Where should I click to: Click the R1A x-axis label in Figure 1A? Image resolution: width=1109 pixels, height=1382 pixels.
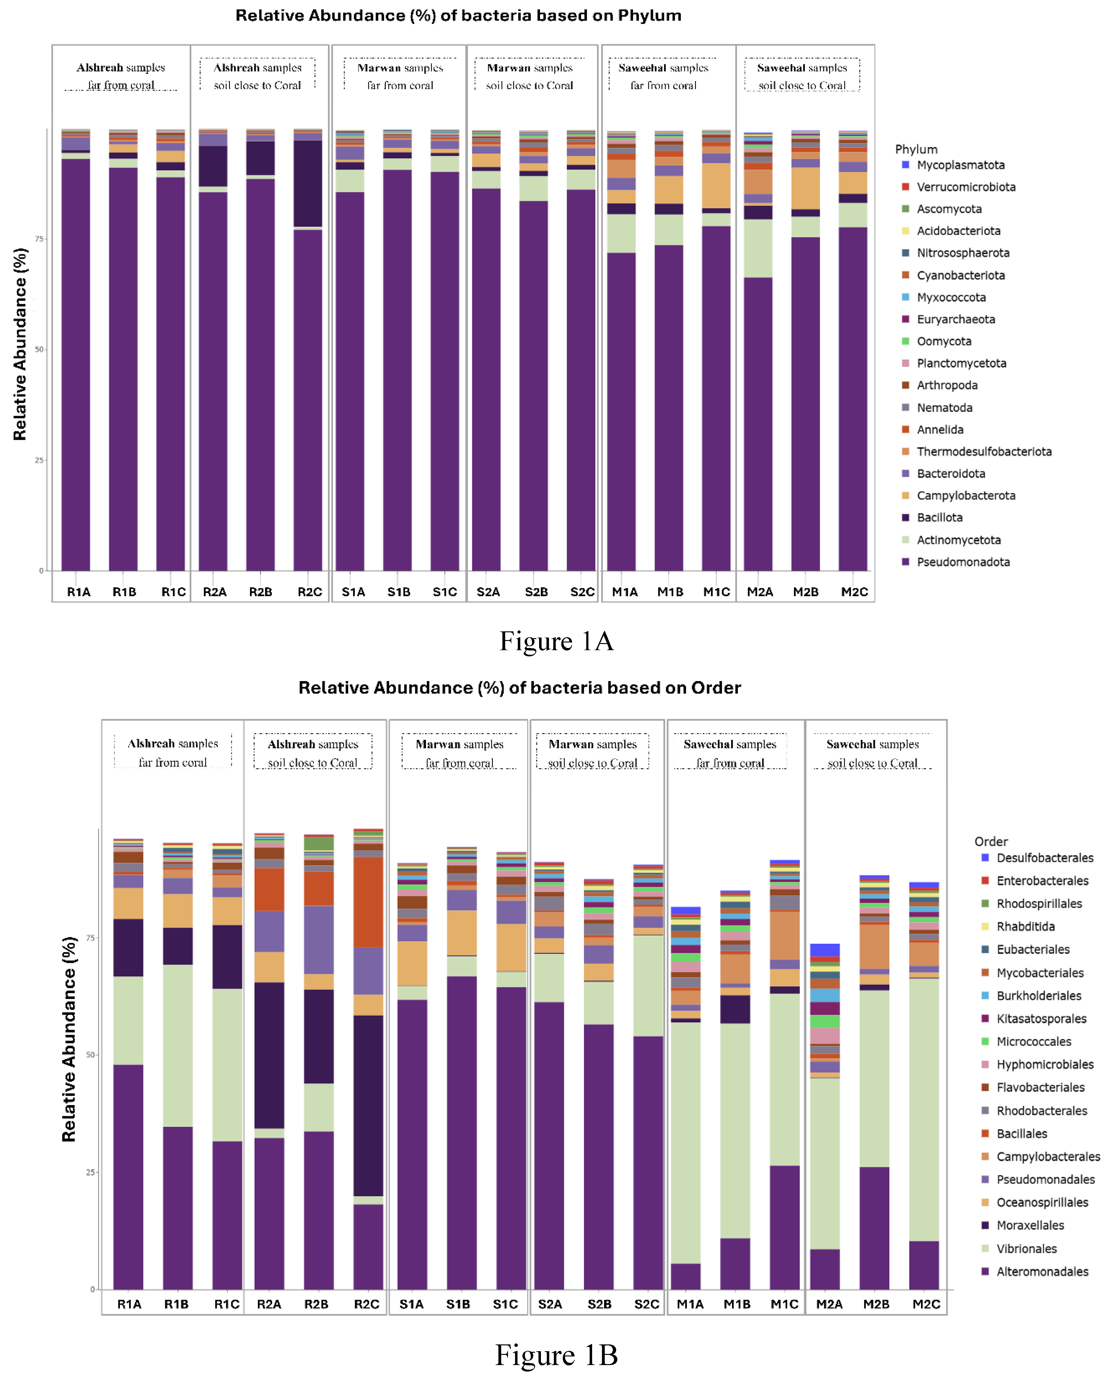point(79,592)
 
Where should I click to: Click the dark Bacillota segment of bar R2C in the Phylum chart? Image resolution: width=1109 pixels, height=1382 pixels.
point(308,183)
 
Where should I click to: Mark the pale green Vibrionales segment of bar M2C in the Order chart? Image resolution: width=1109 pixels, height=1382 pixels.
point(924,1109)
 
